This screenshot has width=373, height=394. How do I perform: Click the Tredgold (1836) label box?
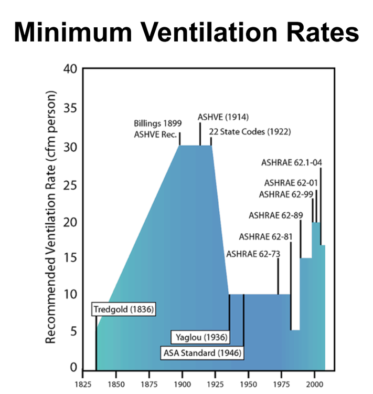click(123, 309)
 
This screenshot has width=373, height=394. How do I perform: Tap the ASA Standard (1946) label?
click(202, 352)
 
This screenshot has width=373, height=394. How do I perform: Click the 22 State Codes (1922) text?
click(250, 131)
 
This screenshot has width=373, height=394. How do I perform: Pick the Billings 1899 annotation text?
click(157, 124)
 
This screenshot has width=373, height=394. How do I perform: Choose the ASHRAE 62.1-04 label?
click(291, 162)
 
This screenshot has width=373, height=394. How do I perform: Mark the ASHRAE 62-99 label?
click(285, 195)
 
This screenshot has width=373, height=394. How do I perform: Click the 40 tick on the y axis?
click(70, 69)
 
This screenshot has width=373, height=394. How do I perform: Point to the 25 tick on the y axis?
click(70, 185)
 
